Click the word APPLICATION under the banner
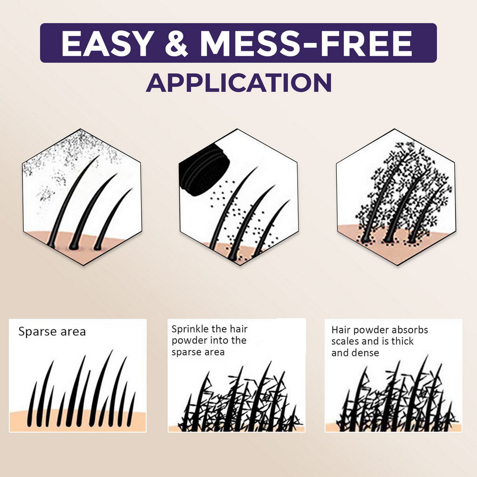click(x=238, y=82)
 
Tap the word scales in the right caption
click(x=345, y=341)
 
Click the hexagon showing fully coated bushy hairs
click(x=396, y=197)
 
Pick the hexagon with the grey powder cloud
click(x=82, y=197)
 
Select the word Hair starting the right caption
click(x=341, y=330)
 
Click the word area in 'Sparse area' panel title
click(x=74, y=332)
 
